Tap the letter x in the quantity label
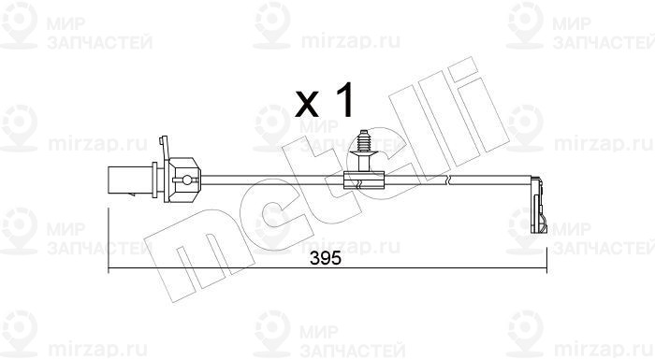tap(307, 105)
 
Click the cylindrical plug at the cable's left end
tap(130, 178)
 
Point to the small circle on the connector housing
tap(187, 179)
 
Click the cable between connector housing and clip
tap(271, 179)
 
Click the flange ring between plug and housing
tap(155, 178)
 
